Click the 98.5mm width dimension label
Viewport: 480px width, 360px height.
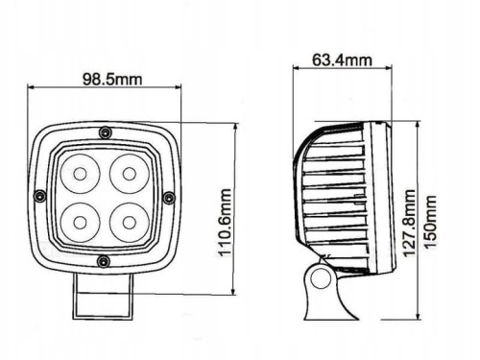point(112,79)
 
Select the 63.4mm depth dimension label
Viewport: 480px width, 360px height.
point(342,60)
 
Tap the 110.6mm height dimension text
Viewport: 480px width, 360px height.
point(225,223)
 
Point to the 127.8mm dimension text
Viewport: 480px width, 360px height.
point(409,224)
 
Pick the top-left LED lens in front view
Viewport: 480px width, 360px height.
point(80,174)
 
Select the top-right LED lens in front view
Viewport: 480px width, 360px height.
point(130,174)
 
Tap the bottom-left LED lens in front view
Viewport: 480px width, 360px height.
point(80,223)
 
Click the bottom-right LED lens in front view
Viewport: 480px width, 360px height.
point(130,223)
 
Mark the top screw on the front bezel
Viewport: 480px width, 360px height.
point(105,132)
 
